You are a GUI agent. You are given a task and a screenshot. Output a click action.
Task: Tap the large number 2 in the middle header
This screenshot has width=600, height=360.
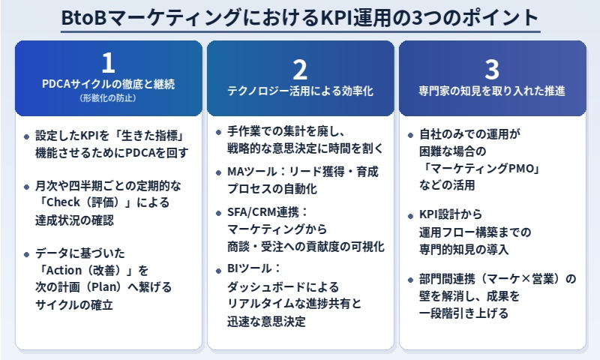300,69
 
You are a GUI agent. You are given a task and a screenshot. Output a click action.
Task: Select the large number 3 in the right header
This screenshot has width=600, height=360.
491,69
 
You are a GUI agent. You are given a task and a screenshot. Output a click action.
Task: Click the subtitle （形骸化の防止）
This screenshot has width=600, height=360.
109,97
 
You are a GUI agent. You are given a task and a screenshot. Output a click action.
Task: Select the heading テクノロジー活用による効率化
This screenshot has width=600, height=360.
300,91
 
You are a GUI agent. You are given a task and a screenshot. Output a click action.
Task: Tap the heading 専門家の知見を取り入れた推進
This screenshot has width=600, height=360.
492,91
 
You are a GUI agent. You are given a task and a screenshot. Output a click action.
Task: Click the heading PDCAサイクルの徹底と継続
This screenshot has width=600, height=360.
109,84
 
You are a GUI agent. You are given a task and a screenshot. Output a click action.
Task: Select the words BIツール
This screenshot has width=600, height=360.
244,268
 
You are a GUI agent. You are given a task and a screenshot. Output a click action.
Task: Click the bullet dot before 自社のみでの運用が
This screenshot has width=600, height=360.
410,135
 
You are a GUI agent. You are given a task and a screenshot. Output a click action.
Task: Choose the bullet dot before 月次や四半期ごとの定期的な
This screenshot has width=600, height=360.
27,184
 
